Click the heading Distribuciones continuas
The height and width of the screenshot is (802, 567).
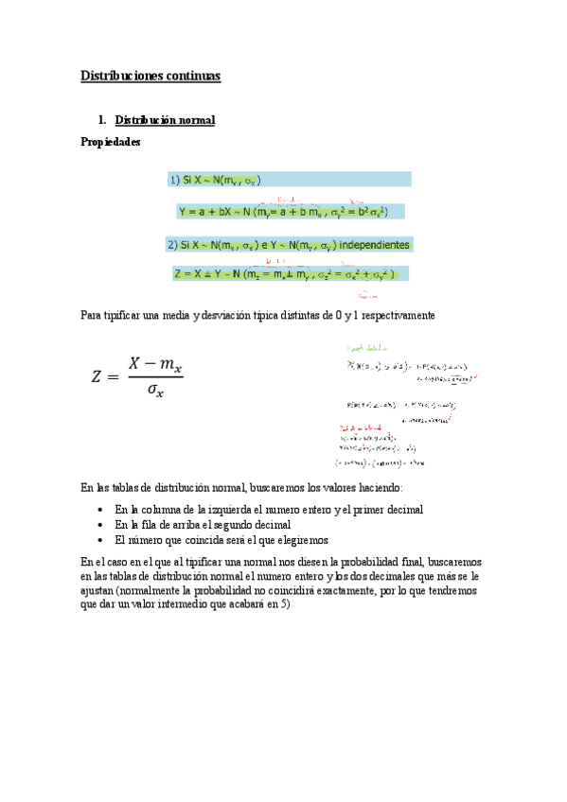(x=151, y=76)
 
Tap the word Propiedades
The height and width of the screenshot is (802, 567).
(x=112, y=142)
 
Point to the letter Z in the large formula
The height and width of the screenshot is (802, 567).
(x=97, y=376)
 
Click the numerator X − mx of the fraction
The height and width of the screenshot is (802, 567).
(x=155, y=363)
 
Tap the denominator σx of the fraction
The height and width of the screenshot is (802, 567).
(x=154, y=391)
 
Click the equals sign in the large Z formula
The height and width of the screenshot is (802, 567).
(x=116, y=376)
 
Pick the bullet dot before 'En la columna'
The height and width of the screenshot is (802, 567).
(x=101, y=510)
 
